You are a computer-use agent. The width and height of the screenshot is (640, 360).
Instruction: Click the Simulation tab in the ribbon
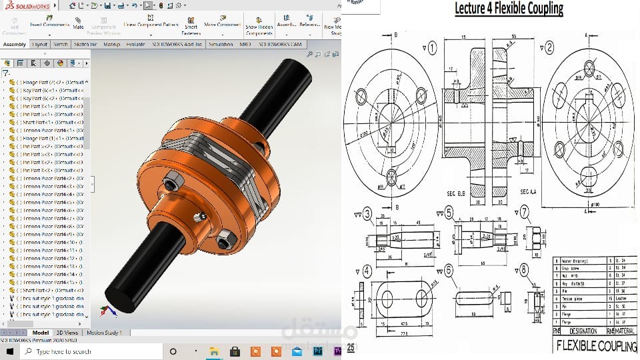click(x=220, y=45)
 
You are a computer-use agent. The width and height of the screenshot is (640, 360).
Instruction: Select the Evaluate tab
click(x=135, y=45)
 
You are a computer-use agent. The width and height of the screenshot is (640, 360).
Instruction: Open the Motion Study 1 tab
click(x=103, y=333)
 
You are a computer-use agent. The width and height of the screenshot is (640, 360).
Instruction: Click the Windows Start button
click(x=9, y=351)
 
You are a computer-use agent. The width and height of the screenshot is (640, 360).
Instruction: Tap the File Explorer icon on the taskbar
click(x=215, y=351)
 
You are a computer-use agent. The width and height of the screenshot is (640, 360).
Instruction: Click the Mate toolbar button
click(x=78, y=24)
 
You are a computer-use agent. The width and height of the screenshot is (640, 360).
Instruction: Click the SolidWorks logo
click(x=23, y=5)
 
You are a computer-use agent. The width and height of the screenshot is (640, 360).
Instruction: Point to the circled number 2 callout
click(x=549, y=47)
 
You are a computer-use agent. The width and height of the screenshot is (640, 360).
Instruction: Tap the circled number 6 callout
click(x=449, y=271)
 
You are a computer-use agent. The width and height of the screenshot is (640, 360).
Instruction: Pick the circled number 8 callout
click(x=525, y=271)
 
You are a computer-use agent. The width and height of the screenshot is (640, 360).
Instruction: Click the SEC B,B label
click(x=456, y=193)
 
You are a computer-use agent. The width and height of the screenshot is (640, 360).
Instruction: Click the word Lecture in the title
click(x=474, y=9)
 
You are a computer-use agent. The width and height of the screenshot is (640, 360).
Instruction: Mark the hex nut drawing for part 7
click(x=534, y=237)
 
